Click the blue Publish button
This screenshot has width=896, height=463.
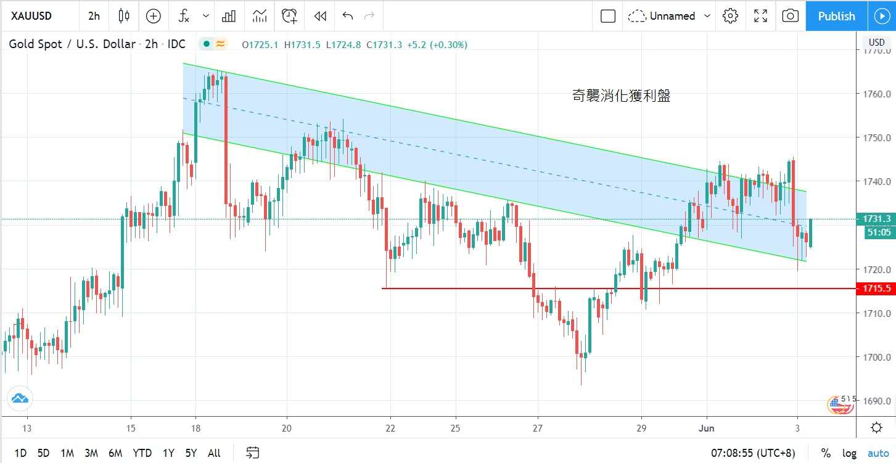tap(836, 16)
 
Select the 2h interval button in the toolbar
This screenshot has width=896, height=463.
tap(94, 16)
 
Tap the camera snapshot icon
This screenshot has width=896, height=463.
tap(790, 16)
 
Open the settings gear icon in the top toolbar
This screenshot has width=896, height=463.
tap(731, 16)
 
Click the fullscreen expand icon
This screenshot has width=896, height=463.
tap(761, 16)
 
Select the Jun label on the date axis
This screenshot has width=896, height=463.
tap(707, 428)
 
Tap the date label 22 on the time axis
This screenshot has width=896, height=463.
tap(390, 428)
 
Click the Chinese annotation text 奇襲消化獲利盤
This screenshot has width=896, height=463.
tap(621, 96)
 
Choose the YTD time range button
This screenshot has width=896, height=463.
tap(142, 453)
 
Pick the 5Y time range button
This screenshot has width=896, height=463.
tap(191, 453)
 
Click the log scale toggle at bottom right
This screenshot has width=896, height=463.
tap(849, 453)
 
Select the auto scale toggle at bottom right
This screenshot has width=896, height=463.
tap(878, 453)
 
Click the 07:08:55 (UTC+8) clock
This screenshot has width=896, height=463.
tap(753, 453)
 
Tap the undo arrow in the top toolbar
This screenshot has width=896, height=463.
tap(348, 16)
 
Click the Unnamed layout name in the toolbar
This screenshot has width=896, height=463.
tap(672, 16)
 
